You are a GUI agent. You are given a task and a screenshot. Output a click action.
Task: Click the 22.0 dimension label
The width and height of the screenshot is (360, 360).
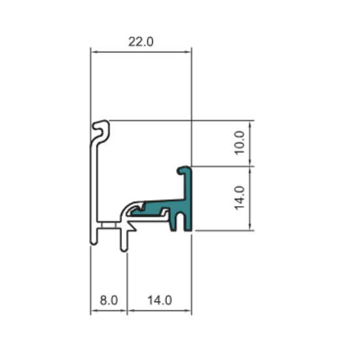click(x=141, y=42)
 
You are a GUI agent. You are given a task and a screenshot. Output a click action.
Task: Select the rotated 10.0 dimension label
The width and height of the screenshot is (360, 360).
click(x=239, y=143)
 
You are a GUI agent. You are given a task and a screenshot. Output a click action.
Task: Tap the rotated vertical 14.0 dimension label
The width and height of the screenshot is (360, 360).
click(x=239, y=198)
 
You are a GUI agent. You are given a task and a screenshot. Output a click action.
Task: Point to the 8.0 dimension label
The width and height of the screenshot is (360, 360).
click(x=109, y=300)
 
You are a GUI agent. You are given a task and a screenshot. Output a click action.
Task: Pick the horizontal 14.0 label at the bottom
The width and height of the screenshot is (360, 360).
click(x=160, y=300)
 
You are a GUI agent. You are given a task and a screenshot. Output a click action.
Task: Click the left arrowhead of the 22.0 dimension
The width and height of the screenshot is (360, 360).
click(x=94, y=52)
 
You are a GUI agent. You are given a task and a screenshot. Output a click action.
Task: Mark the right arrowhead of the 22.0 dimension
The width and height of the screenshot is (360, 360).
click(x=188, y=52)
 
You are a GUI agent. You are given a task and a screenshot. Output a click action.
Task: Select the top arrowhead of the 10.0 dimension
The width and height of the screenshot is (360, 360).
click(x=250, y=124)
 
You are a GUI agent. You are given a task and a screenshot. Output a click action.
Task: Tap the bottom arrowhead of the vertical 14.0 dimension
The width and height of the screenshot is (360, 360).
click(x=250, y=226)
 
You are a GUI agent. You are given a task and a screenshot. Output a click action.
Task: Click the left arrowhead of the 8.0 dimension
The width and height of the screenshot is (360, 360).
click(x=94, y=311)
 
